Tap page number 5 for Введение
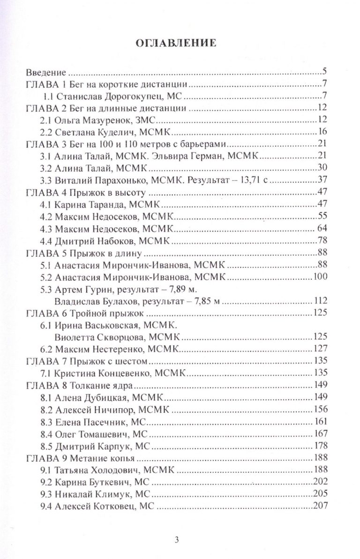click(x=324, y=72)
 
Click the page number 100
click(x=320, y=276)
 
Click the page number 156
click(x=320, y=409)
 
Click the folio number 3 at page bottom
click(x=177, y=539)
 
